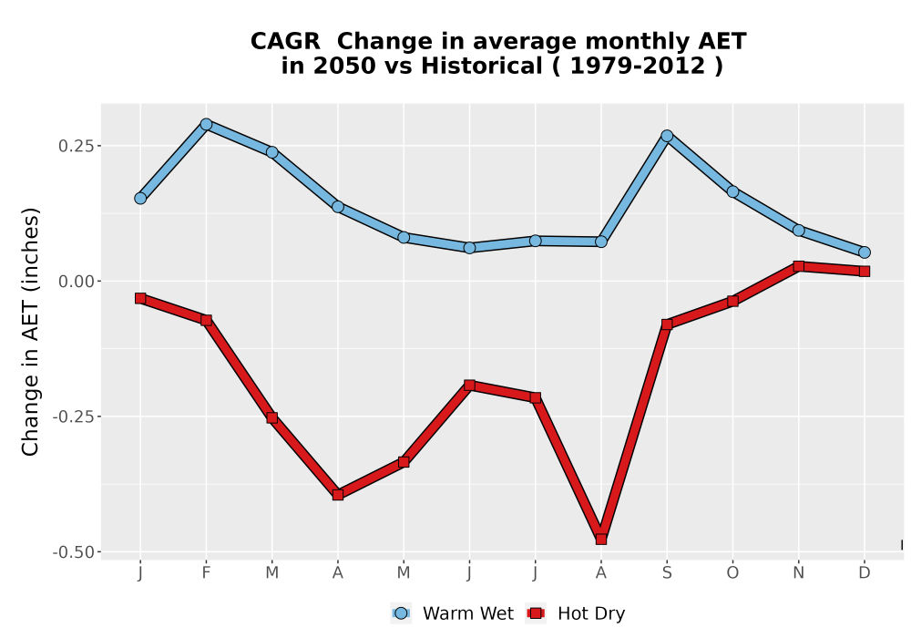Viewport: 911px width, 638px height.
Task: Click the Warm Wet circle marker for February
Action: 206,124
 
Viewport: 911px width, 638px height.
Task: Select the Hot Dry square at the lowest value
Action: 601,540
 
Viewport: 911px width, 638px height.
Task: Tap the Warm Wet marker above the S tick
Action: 667,136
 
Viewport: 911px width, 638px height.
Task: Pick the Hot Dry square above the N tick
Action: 799,266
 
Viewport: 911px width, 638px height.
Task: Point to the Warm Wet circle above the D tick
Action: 865,252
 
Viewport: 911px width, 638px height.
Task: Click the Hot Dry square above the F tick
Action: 206,320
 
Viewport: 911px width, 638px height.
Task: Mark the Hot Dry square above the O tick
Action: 732,301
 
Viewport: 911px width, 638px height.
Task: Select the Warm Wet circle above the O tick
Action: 732,191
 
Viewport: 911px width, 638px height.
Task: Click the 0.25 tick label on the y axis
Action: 77,146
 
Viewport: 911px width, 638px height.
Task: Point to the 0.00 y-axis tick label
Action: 77,282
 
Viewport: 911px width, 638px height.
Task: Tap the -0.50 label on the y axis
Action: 73,552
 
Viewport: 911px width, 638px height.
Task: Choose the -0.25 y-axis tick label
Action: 73,417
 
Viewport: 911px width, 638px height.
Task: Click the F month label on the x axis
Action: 206,573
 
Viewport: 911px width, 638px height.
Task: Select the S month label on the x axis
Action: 667,573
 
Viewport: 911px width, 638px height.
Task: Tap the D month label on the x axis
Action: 865,573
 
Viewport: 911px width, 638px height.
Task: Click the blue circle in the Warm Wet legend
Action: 401,613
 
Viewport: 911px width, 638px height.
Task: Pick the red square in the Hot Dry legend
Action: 536,613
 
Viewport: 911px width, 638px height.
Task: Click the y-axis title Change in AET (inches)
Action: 30,332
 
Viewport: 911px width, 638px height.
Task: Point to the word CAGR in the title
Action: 285,42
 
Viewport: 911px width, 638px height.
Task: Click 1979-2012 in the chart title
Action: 638,66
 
